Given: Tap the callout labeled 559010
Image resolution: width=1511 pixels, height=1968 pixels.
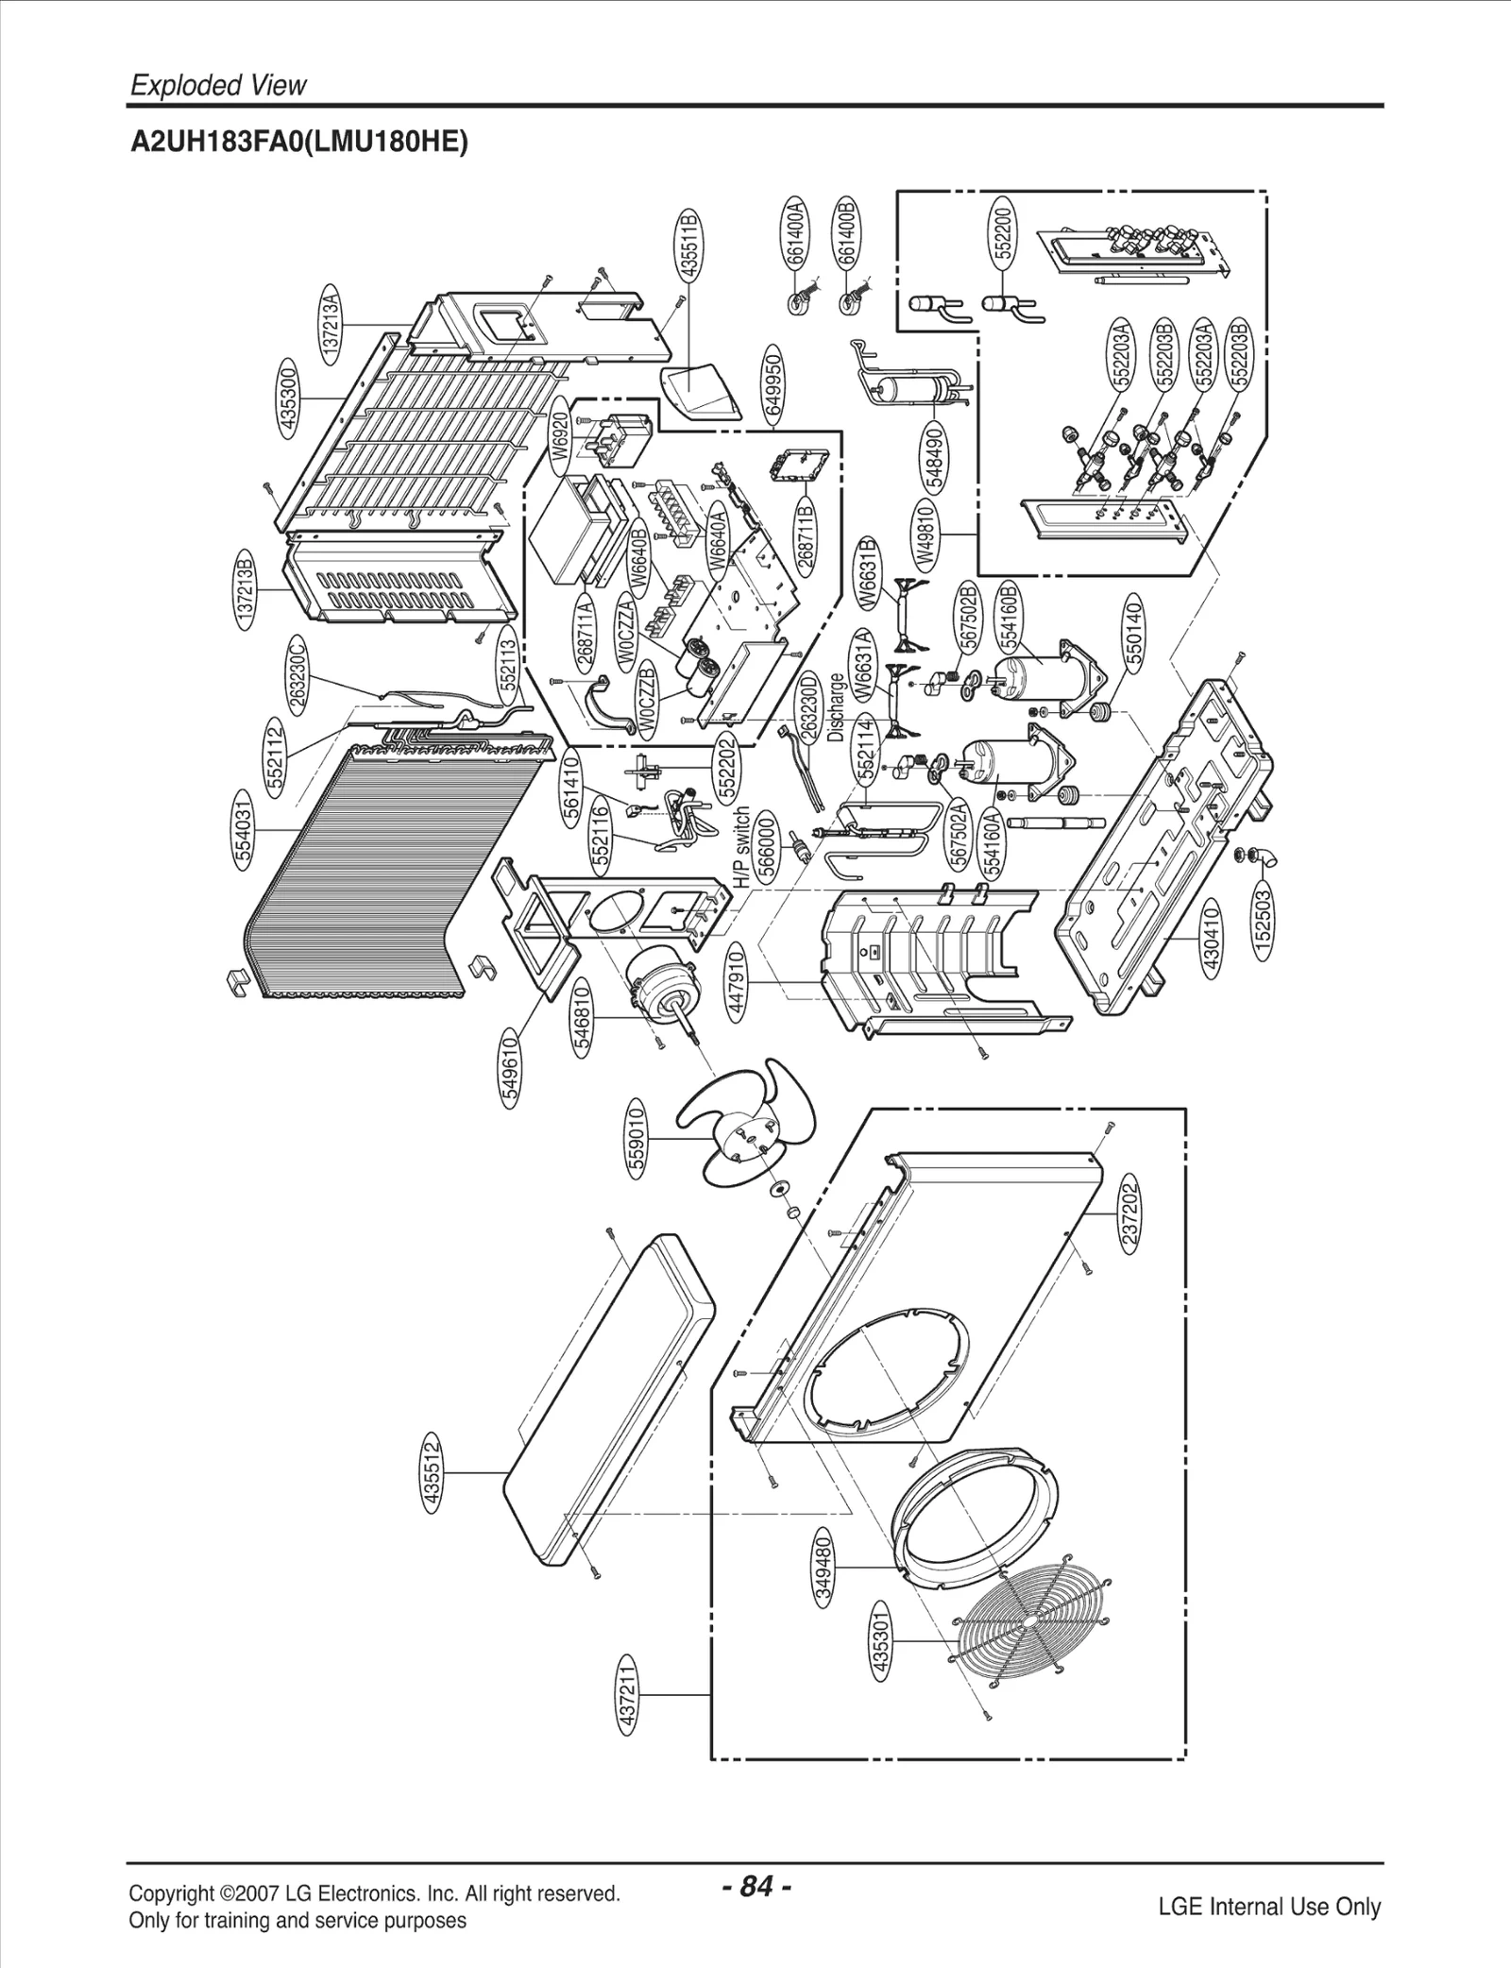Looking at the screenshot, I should (637, 1137).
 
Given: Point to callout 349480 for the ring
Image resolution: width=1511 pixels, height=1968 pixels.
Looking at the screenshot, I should (824, 1567).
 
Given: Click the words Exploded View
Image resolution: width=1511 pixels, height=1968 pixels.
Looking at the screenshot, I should (218, 86).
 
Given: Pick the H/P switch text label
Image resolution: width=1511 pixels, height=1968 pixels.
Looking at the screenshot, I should (742, 846).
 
